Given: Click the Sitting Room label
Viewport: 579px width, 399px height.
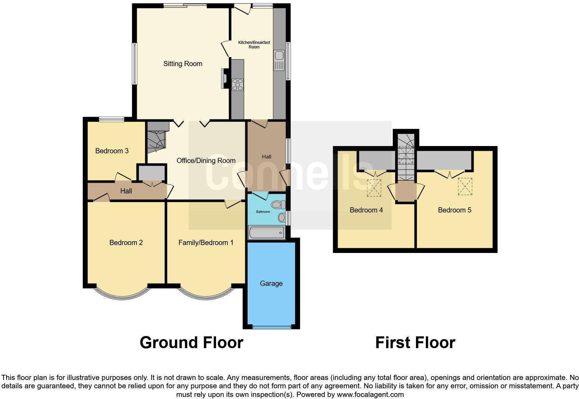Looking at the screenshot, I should click(182, 64).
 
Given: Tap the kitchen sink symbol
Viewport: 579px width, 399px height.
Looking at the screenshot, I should click(279, 60).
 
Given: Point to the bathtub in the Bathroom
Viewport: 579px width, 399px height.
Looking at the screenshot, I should click(266, 232).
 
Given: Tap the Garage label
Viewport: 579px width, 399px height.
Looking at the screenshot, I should click(271, 283).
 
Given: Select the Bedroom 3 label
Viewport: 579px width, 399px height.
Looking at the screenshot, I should click(112, 151).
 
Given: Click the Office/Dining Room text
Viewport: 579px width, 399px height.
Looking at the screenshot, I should click(206, 161).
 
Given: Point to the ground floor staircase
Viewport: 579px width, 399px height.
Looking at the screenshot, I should click(157, 137).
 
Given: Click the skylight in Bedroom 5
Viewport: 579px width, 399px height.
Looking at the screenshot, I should click(465, 187).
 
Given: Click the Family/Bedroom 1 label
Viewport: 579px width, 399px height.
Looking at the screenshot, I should click(206, 243).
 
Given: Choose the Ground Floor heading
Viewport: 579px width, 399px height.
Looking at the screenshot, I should click(191, 343).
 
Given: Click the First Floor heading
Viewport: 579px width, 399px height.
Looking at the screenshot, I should click(415, 343).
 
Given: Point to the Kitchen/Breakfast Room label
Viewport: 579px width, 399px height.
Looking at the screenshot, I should click(254, 45).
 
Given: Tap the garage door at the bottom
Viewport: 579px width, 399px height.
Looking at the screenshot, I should click(271, 327).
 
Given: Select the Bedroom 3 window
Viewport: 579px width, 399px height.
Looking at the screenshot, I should click(111, 120).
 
